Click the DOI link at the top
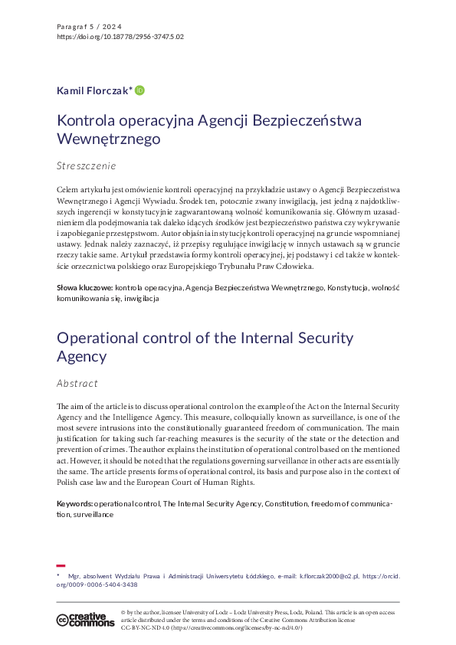[120, 36]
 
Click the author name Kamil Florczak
[93, 90]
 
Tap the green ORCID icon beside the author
[139, 90]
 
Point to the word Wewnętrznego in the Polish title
[108, 139]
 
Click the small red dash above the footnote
[61, 565]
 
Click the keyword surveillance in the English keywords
[93, 515]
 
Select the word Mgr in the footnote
[74, 575]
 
